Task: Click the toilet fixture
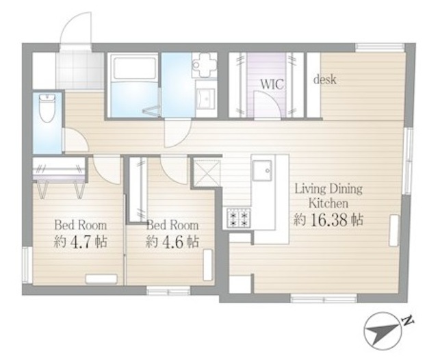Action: click(x=47, y=108)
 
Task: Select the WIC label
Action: click(x=272, y=84)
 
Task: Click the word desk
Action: click(x=324, y=80)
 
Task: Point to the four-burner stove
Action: click(x=237, y=217)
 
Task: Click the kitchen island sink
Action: click(x=262, y=170)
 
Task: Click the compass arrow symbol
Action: click(x=383, y=331)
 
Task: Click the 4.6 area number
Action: click(x=172, y=242)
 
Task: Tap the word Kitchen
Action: click(x=328, y=203)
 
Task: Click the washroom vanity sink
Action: click(x=205, y=99)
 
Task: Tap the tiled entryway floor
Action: click(x=79, y=70)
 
